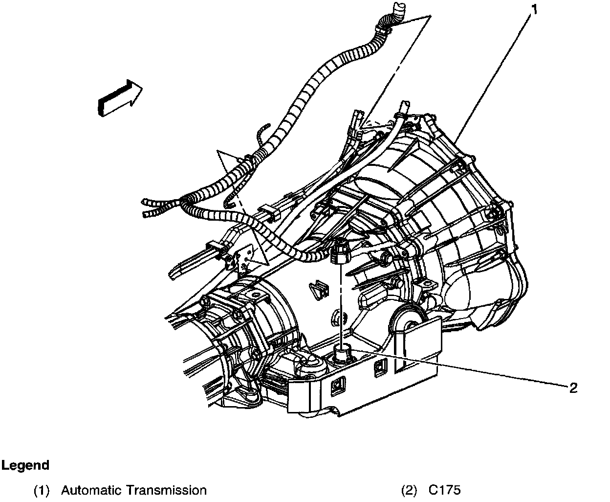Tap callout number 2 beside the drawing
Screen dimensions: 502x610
click(573, 388)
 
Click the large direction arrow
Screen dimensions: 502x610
click(120, 98)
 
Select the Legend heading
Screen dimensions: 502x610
click(25, 465)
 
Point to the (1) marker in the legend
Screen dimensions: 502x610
click(43, 490)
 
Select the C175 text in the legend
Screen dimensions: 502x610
click(444, 490)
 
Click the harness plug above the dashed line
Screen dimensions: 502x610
click(338, 252)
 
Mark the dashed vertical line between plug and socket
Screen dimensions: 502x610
click(339, 303)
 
